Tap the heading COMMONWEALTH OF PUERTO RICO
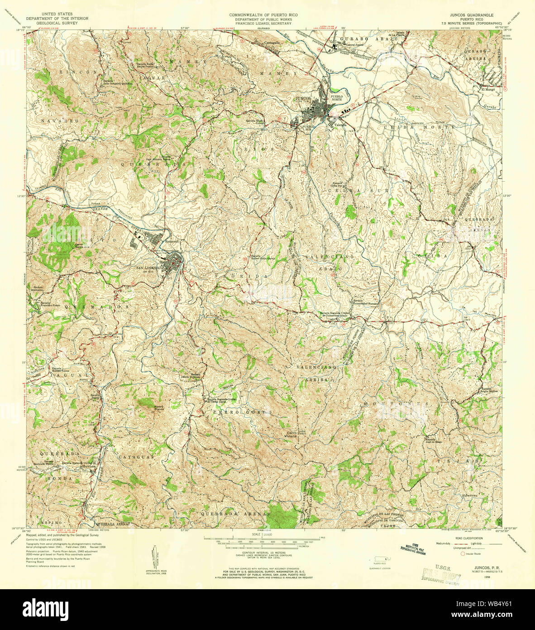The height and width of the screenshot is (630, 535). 261,15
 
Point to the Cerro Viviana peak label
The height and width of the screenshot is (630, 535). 290,434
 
